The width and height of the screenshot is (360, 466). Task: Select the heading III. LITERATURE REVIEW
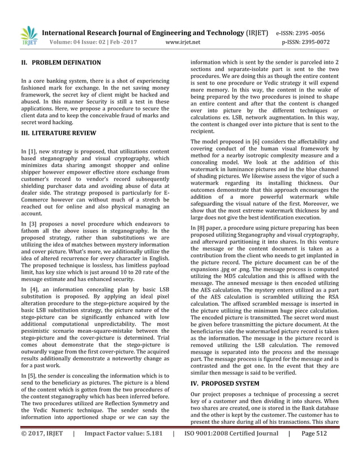pyautogui.click(x=58, y=133)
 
